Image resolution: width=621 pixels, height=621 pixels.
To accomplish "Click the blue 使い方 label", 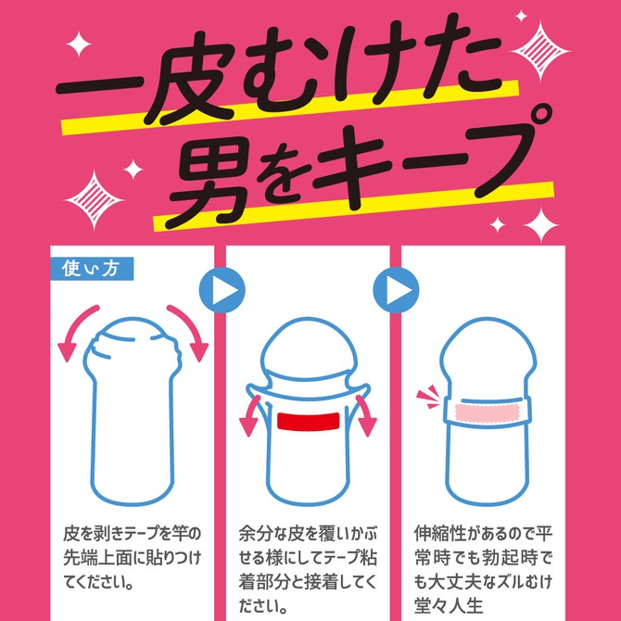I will (x=89, y=269).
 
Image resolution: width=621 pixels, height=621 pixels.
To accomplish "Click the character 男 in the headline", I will (x=208, y=177).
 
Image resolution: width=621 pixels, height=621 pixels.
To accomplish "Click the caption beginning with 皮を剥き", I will (x=129, y=559).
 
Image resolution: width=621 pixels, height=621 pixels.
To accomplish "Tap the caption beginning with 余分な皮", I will (x=309, y=566).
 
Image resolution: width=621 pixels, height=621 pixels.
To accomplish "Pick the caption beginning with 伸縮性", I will (x=484, y=566).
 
